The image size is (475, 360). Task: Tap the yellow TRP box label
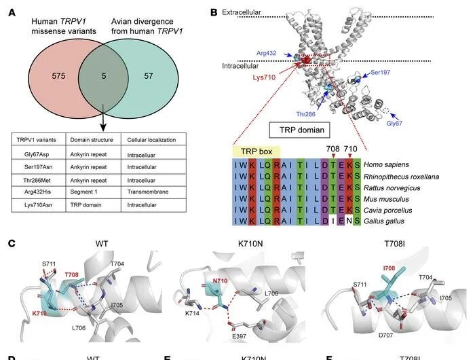(255, 151)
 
